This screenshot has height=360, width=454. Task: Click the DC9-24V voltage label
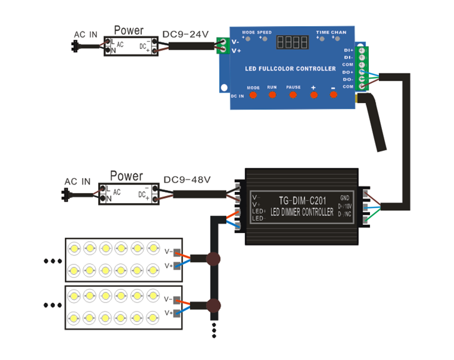pos(186,35)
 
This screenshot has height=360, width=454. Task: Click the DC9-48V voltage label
pos(187,180)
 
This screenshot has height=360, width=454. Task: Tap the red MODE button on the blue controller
pos(253,95)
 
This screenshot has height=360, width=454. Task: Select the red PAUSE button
pos(293,94)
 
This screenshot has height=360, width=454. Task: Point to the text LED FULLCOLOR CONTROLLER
pos(290,69)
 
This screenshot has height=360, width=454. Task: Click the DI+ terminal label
pos(348,50)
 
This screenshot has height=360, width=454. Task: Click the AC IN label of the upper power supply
pos(86,35)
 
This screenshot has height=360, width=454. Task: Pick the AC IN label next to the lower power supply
pos(77,182)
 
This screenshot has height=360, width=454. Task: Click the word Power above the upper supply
pos(129,31)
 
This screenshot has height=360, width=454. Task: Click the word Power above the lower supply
pos(127,176)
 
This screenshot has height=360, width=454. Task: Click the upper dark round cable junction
pos(213,259)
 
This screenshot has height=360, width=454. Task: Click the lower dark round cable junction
pos(213,305)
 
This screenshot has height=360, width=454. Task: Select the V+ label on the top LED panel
pos(169,266)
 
